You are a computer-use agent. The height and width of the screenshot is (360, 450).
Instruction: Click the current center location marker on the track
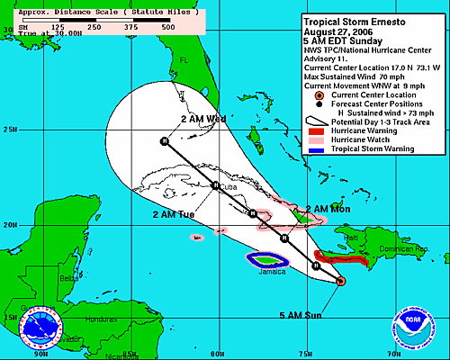pos(340,282)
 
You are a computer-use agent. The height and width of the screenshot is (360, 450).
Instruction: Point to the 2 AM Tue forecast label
pos(173,214)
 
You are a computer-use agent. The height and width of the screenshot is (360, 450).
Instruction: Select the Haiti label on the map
pos(352,237)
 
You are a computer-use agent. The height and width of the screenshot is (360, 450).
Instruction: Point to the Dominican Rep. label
pos(402,248)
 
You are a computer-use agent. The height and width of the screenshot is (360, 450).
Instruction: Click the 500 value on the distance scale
pos(167,28)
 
